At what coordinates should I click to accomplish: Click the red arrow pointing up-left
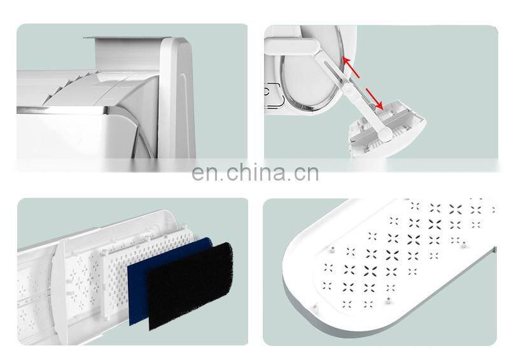351,67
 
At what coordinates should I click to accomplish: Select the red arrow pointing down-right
375,99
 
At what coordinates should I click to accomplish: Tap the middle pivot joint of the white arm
347,88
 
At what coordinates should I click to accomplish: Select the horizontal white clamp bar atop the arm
291,46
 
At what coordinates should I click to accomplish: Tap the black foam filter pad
190,286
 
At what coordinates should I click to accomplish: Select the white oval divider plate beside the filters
60,292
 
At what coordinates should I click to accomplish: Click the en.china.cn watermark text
255,173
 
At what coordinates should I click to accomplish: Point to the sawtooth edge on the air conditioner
71,85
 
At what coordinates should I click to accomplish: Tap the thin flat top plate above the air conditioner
127,38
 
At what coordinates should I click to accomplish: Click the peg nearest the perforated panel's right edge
464,244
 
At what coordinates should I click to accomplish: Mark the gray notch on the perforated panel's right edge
494,250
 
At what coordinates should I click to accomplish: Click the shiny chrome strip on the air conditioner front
62,111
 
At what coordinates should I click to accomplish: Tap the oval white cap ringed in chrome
310,70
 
